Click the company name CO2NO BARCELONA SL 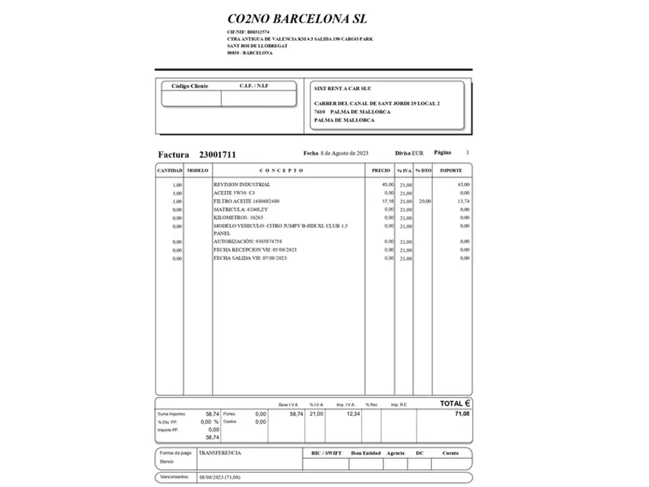tap(297, 18)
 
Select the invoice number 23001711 tap(217, 155)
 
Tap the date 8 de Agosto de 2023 tap(344, 153)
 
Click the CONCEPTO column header tap(282, 170)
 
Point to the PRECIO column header tap(381, 170)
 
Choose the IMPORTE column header tap(451, 170)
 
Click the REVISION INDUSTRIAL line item tap(242, 184)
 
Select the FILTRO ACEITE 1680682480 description tap(247, 201)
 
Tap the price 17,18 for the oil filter tap(388, 201)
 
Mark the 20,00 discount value tap(425, 201)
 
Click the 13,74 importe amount tap(463, 201)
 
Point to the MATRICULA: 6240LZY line tap(241, 209)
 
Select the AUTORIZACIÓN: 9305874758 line tap(247, 242)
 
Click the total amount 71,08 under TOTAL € tap(462, 413)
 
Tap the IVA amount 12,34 tap(353, 414)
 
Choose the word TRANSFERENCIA tap(220, 453)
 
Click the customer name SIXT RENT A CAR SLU tap(343, 88)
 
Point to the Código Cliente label tap(190, 86)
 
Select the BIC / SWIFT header tap(326, 453)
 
